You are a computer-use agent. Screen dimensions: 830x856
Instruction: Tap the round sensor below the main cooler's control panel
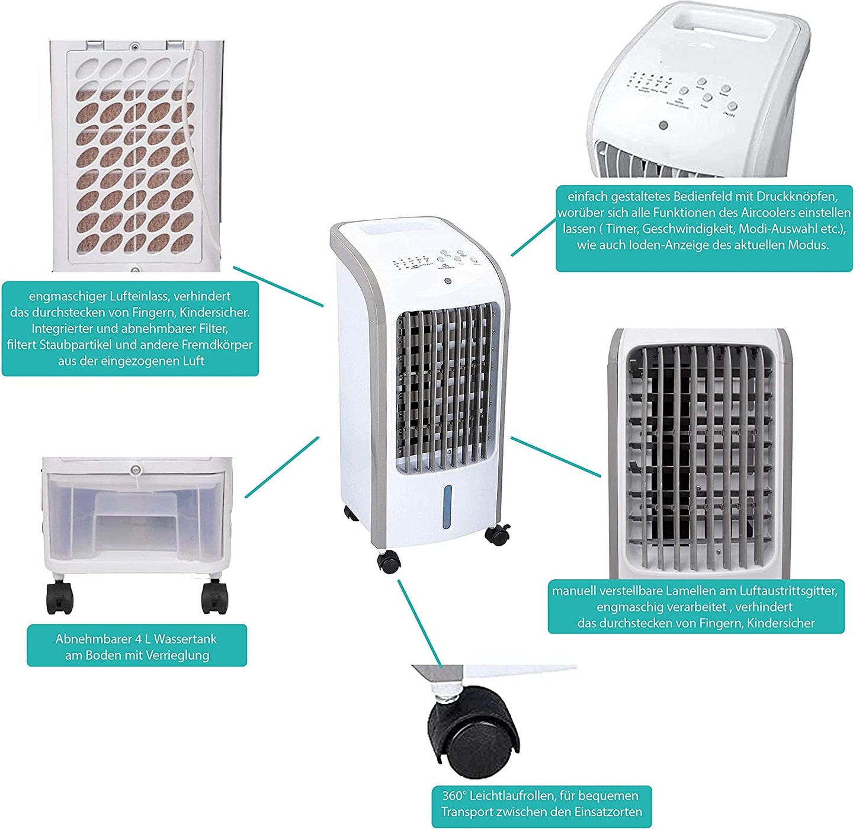point(448,282)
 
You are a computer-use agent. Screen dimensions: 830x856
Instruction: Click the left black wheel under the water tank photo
point(60,597)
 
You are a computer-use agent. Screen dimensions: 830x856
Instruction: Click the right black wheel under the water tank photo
point(214,597)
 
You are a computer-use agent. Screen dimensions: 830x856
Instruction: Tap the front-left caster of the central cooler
point(389,561)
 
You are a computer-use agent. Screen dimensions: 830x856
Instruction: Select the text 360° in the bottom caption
point(453,796)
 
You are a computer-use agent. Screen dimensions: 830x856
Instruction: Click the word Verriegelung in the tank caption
point(177,655)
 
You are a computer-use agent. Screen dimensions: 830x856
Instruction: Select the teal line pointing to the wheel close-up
point(419,622)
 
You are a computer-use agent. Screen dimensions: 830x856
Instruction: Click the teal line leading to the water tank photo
point(282,467)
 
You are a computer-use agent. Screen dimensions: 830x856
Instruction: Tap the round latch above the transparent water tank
point(136,470)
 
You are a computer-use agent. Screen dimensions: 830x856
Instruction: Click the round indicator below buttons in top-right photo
point(663,126)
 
